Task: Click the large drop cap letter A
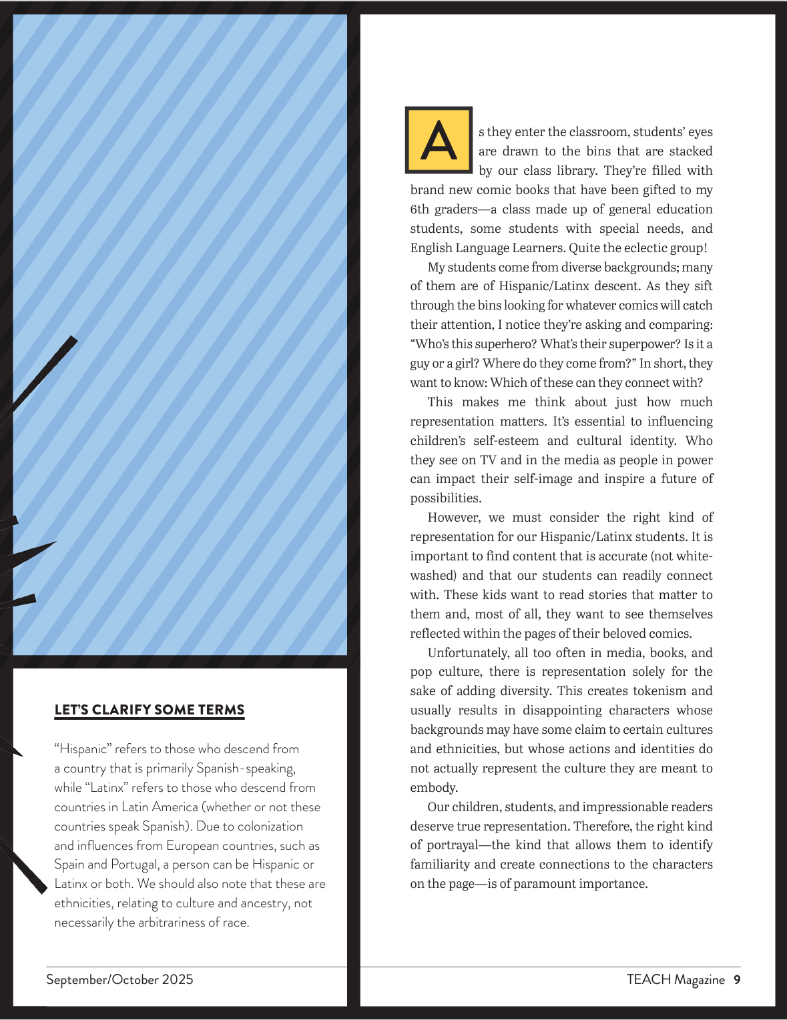point(439,139)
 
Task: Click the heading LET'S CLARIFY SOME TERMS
point(150,710)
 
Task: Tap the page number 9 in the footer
point(737,979)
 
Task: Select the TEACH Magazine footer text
point(676,979)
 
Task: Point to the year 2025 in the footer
point(178,979)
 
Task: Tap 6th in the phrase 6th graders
point(420,209)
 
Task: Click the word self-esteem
point(506,441)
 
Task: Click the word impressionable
point(633,807)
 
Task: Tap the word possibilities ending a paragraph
point(445,498)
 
